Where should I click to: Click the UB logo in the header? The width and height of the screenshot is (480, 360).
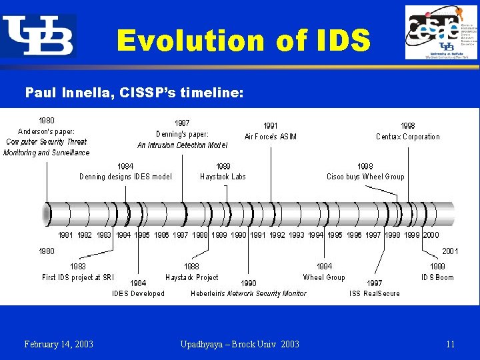tap(38, 35)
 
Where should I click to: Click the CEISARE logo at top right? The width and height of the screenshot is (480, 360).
tap(441, 33)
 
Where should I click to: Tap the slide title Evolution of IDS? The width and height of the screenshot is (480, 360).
tap(243, 41)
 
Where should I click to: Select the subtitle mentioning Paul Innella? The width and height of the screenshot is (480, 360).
tap(134, 92)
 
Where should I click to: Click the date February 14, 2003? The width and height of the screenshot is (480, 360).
tap(59, 344)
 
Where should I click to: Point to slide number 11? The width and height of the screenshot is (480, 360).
tap(451, 344)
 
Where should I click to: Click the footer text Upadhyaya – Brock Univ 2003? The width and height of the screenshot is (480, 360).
tap(239, 344)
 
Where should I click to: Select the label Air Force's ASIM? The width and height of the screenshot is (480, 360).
tap(270, 137)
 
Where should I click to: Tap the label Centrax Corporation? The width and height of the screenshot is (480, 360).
tap(407, 137)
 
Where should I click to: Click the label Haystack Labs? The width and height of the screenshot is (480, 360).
tap(223, 177)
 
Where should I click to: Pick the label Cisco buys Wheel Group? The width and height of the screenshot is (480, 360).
tap(365, 177)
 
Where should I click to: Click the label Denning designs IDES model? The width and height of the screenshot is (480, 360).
tap(125, 177)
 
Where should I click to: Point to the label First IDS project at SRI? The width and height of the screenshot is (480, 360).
tap(78, 277)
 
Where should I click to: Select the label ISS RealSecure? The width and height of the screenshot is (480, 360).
tap(375, 293)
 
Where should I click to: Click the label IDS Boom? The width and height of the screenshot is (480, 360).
tap(437, 277)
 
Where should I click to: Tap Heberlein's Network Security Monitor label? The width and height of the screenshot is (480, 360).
tap(249, 293)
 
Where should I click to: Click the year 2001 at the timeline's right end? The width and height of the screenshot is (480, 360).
tap(450, 251)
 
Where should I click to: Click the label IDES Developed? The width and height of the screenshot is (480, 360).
tap(138, 293)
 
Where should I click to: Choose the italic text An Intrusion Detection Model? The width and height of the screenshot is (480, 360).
tap(182, 145)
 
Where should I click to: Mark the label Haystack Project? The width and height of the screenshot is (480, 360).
tap(192, 277)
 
